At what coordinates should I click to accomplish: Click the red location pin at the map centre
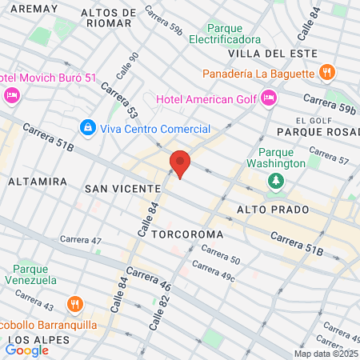[181, 164]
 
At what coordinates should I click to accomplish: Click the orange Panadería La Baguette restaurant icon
[326, 73]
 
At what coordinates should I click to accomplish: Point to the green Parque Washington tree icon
[275, 181]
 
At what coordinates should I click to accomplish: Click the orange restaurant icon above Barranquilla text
[74, 304]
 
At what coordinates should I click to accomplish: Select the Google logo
[26, 350]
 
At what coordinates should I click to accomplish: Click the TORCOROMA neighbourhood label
[184, 236]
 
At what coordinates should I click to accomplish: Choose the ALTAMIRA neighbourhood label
[37, 182]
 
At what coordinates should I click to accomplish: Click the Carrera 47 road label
[81, 240]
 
